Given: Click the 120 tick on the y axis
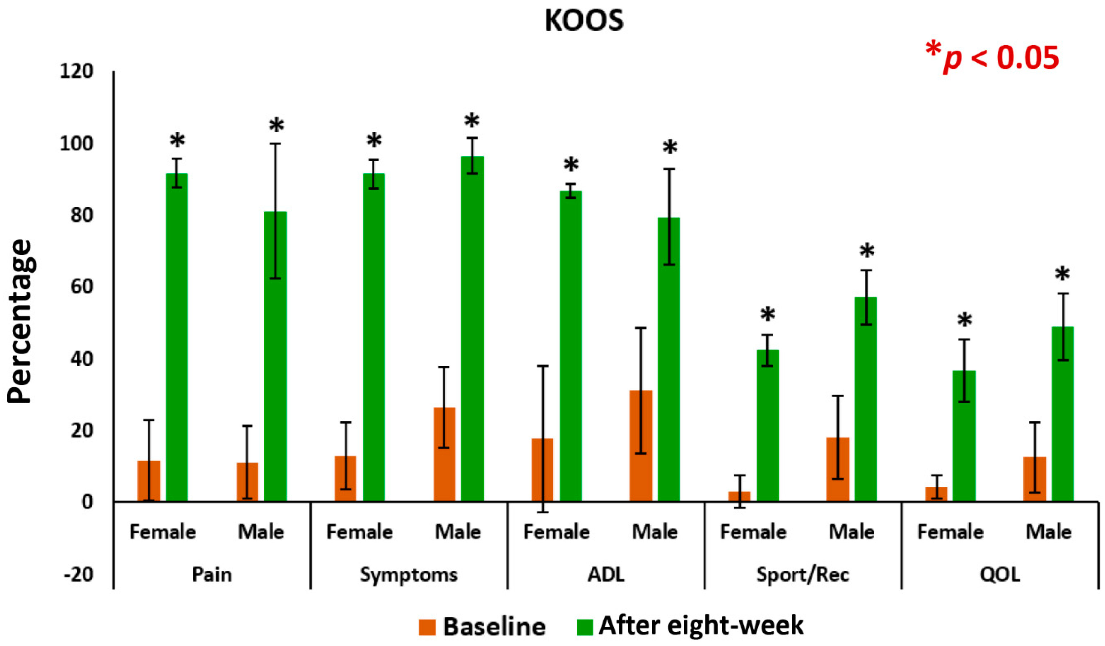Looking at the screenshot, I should click(77, 71).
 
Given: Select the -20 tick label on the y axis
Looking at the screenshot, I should click(79, 574).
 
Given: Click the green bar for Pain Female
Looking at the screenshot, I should click(177, 337).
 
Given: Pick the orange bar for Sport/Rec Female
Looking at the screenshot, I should click(739, 496).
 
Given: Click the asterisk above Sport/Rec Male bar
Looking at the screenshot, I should click(867, 252).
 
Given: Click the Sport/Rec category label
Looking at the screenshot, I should click(803, 575).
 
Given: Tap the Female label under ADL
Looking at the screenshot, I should click(556, 532).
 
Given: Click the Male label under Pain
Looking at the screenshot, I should click(261, 532).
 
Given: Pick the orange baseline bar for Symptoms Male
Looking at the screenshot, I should click(444, 454).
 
